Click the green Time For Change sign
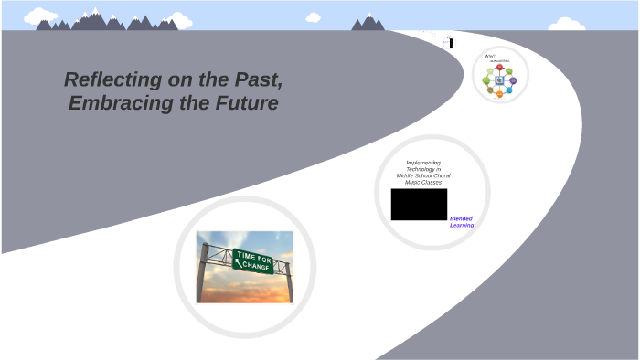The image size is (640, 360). click(252, 260)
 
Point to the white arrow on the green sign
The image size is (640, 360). click(240, 265)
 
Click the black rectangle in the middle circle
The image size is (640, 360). click(419, 205)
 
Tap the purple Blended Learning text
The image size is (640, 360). click(462, 222)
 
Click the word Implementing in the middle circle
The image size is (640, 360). click(423, 163)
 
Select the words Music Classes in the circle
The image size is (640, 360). click(423, 182)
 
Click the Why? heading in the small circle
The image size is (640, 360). click(490, 57)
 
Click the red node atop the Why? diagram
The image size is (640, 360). click(499, 67)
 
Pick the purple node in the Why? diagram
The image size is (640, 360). click(513, 80)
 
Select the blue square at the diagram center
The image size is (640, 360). click(499, 80)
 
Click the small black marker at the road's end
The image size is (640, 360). click(451, 41)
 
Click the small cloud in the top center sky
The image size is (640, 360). click(314, 17)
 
